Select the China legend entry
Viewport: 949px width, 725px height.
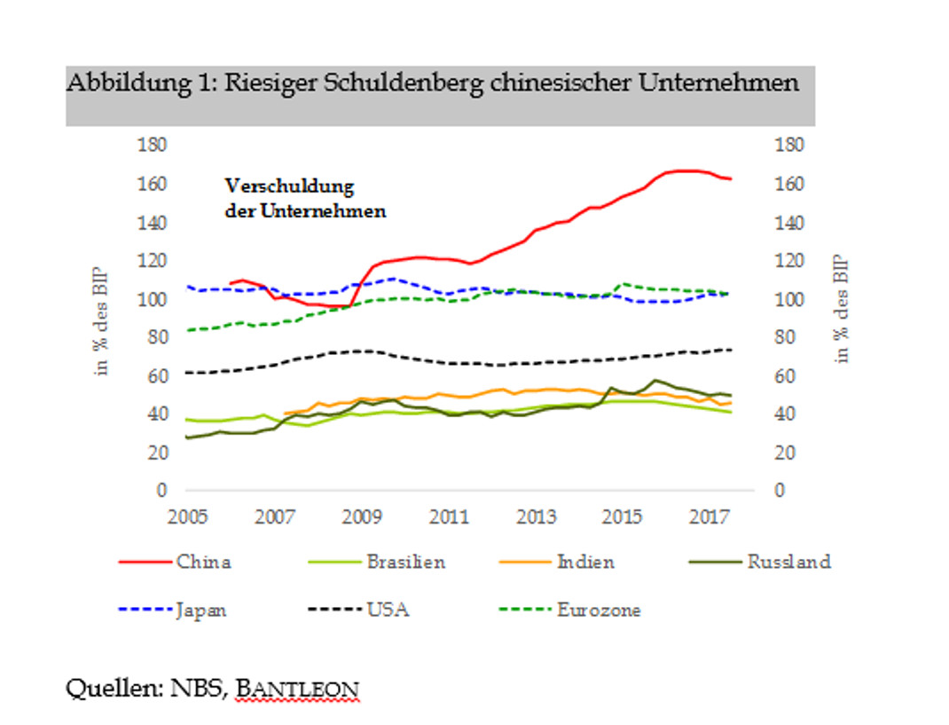tap(204, 562)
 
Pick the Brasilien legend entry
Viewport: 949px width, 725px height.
tap(404, 562)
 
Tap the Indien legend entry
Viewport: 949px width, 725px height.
tap(584, 562)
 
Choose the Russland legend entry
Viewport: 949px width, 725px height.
tap(788, 562)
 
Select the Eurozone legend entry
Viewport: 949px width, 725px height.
tap(599, 611)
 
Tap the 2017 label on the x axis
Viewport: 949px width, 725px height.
tap(710, 516)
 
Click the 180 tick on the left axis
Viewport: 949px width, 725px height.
tap(153, 146)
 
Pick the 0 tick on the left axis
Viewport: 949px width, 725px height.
tap(162, 491)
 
